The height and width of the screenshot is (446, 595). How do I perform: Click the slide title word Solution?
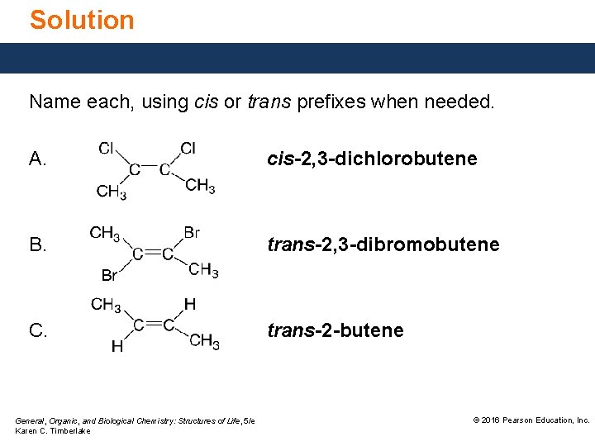[x=82, y=20]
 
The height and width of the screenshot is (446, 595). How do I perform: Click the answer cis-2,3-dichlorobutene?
[x=371, y=159]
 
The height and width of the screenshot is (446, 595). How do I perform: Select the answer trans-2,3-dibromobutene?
[x=383, y=244]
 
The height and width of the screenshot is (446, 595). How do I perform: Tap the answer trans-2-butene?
[x=335, y=330]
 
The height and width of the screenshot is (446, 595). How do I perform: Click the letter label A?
[x=38, y=159]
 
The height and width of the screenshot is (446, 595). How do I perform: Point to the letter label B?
[x=38, y=244]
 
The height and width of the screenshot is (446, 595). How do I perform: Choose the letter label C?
[x=38, y=330]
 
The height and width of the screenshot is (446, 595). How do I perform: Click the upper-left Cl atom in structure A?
[x=107, y=149]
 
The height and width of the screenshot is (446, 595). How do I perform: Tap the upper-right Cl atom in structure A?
[x=188, y=149]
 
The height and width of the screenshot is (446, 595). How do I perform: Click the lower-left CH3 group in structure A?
[x=111, y=192]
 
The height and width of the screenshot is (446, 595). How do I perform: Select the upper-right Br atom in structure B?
[x=192, y=233]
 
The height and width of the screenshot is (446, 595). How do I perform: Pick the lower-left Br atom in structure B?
[x=109, y=275]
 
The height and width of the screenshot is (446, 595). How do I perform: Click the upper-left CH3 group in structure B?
[x=105, y=233]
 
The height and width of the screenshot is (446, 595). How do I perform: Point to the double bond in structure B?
[x=150, y=254]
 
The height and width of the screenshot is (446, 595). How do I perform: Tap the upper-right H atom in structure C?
[x=190, y=304]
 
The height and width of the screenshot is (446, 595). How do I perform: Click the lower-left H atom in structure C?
[x=117, y=347]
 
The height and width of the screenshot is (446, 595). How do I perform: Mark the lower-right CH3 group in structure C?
[x=204, y=340]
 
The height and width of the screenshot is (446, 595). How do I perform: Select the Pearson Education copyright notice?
[x=531, y=420]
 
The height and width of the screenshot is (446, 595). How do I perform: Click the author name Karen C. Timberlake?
[x=53, y=431]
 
